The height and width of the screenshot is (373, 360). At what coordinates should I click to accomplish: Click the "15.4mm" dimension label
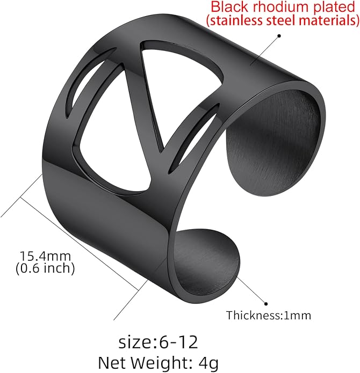click(x=45, y=256)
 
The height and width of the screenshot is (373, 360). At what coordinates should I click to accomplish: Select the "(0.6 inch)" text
click(x=45, y=268)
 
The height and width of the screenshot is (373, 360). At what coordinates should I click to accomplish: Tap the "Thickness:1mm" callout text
click(x=269, y=316)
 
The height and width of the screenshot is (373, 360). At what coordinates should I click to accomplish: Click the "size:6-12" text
click(x=158, y=342)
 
